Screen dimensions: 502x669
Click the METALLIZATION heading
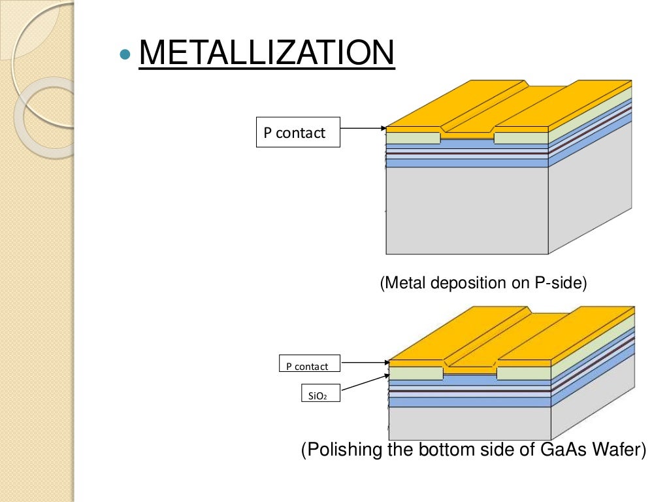(x=267, y=54)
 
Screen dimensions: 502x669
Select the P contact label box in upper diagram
(x=298, y=133)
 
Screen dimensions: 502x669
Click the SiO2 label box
(x=311, y=394)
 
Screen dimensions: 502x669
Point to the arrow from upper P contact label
(x=363, y=129)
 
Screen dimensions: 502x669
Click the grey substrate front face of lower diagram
(x=469, y=423)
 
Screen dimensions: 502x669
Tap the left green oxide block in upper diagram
(x=413, y=139)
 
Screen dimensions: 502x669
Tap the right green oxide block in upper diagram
(x=521, y=139)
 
